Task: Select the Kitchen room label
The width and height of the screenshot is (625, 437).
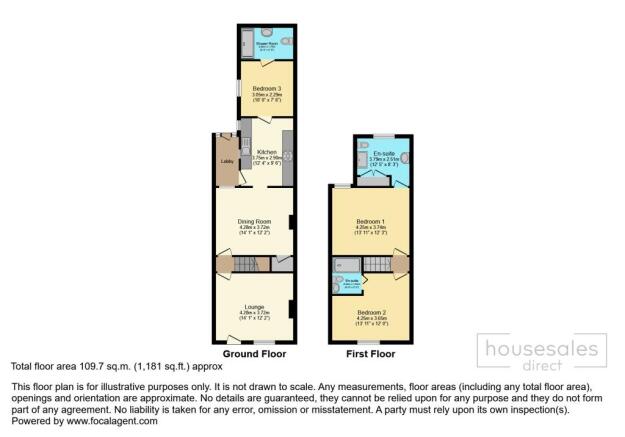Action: click(266, 152)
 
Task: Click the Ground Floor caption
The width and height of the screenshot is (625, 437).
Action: click(254, 354)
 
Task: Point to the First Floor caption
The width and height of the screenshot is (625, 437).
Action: click(370, 354)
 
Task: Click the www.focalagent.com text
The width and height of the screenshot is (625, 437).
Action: click(111, 421)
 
